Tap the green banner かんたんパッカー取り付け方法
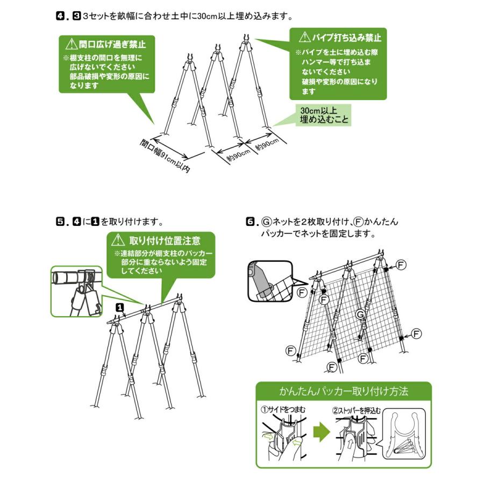point(344,390)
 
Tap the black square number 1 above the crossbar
point(120,307)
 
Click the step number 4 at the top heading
point(61,16)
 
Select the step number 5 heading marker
point(61,221)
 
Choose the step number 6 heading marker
point(250,221)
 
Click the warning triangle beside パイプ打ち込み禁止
point(304,38)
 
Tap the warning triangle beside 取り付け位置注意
point(117,240)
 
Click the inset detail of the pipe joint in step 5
point(76,290)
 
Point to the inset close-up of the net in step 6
point(269,281)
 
